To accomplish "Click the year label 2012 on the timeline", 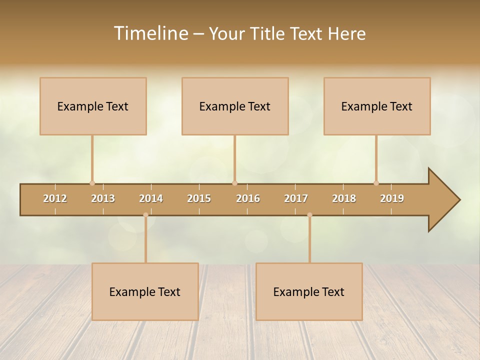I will coord(55,198).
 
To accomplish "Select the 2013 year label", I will coord(103,198).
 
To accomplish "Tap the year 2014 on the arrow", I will coord(151,198).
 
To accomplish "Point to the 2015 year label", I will coord(199,198).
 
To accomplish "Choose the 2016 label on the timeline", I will coord(248,198).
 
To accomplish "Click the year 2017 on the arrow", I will coord(296,198).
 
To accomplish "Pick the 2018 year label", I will coord(344,198).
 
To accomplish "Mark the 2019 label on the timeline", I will coord(392,198).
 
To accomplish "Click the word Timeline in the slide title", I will coord(150,33).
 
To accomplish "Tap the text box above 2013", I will coord(93,106).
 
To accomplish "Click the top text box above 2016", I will coord(235,106).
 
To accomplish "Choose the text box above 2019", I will coord(377,106).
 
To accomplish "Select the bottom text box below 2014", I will coord(145,291).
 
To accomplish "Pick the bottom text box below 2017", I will coord(309,291).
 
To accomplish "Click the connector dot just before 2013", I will coord(92,183).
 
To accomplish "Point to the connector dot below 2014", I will coord(145,215).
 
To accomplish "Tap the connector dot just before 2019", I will coord(376,183).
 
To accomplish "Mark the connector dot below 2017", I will coord(309,215).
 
